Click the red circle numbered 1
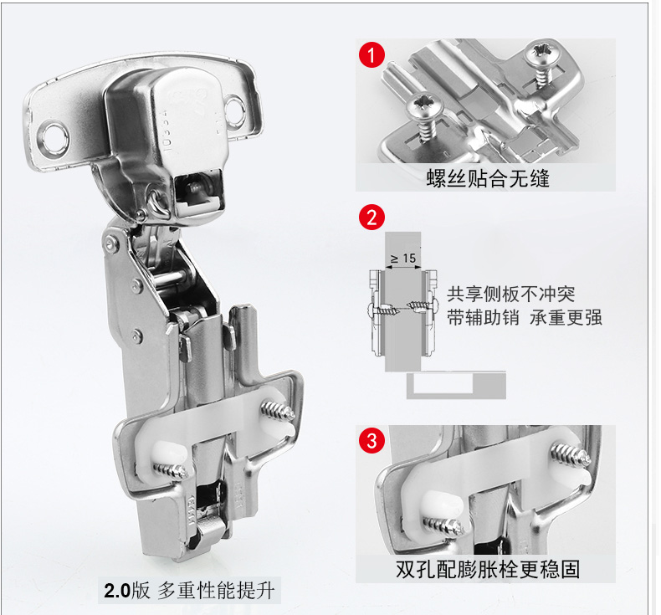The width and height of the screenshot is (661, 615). [x=371, y=54]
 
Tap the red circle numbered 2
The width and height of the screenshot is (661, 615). [x=371, y=218]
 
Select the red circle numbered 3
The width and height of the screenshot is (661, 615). [x=371, y=440]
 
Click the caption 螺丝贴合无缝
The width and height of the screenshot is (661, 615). [x=488, y=178]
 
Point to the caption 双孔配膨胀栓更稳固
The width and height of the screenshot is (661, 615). [x=488, y=569]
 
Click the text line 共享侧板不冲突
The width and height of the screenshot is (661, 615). [x=511, y=294]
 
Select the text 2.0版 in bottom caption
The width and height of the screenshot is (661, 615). [x=127, y=590]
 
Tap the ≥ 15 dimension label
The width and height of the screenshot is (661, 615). [x=403, y=258]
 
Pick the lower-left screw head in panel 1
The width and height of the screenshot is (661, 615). [x=424, y=106]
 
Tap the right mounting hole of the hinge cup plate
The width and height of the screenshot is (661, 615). [x=234, y=109]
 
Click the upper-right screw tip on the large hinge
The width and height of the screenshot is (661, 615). [x=278, y=412]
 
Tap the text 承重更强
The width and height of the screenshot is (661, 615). [x=566, y=317]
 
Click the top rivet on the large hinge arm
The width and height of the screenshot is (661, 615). [x=111, y=243]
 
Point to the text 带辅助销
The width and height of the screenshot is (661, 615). [x=483, y=317]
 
